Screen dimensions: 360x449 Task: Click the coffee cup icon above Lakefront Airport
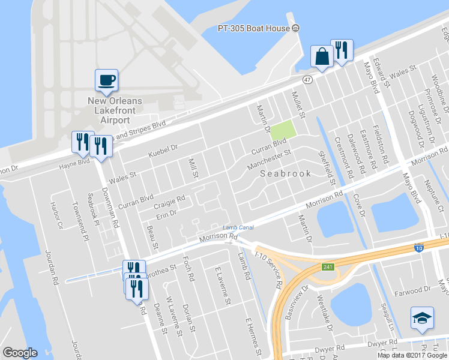pyautogui.click(x=106, y=80)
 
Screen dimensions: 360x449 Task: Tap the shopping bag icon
pyautogui.click(x=322, y=56)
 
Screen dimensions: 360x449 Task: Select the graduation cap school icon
pyautogui.click(x=422, y=317)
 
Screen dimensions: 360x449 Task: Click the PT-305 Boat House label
pyautogui.click(x=254, y=28)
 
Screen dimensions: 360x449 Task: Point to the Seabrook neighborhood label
pyautogui.click(x=286, y=173)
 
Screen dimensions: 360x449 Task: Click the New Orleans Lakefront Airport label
pyautogui.click(x=112, y=110)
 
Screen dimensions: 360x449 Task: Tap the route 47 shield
pyautogui.click(x=307, y=79)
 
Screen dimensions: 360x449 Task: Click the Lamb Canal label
pyautogui.click(x=239, y=227)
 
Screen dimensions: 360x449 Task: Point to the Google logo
pyautogui.click(x=20, y=353)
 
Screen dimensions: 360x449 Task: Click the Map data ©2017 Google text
pyautogui.click(x=411, y=355)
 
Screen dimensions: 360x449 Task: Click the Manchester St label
pyautogui.click(x=268, y=159)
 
